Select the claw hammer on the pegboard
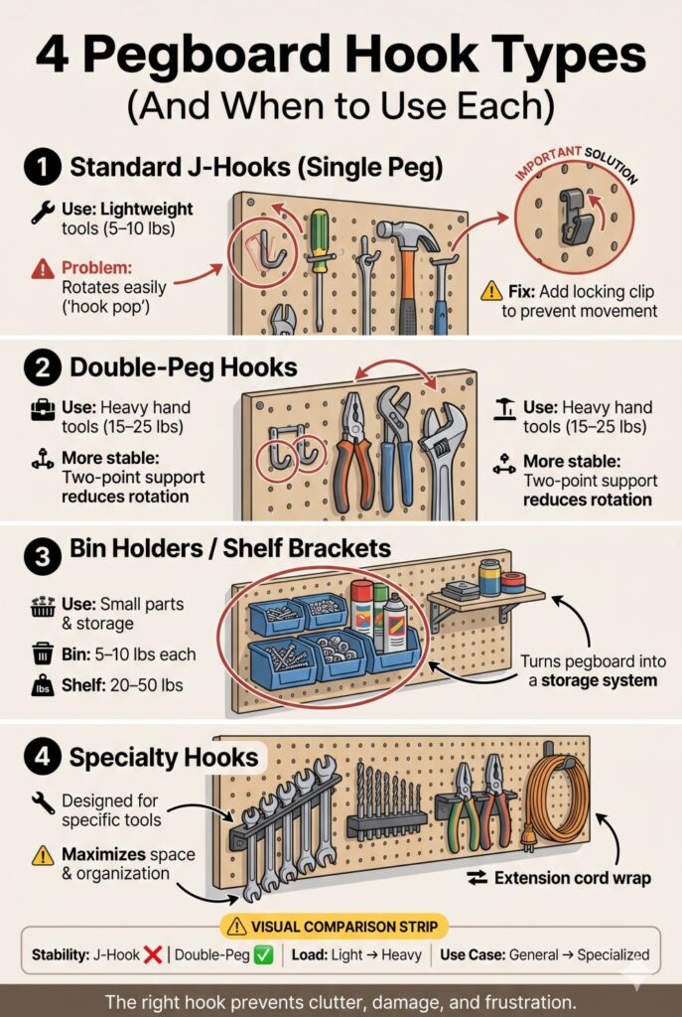click(402, 258)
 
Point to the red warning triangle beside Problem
click(43, 268)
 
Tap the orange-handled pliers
click(353, 437)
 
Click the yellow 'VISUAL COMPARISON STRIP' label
click(341, 926)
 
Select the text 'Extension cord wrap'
click(568, 878)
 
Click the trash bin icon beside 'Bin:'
click(43, 654)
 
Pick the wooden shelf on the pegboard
click(486, 599)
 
